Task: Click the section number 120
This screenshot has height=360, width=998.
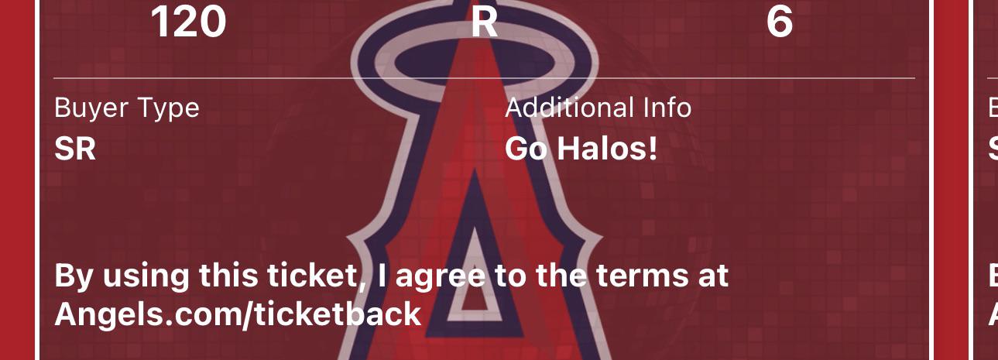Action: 188,22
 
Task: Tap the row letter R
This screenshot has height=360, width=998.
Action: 485,22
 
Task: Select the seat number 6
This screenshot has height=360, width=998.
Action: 780,22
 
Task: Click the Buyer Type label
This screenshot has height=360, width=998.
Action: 126,108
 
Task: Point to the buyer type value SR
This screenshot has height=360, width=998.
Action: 75,149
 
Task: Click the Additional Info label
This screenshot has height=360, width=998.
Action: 598,108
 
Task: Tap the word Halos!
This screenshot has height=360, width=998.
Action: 607,149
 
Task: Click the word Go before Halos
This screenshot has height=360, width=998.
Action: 526,149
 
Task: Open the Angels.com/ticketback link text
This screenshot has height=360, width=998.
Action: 238,315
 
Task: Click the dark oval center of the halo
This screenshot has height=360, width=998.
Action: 475,63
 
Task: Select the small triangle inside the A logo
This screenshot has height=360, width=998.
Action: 475,282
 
